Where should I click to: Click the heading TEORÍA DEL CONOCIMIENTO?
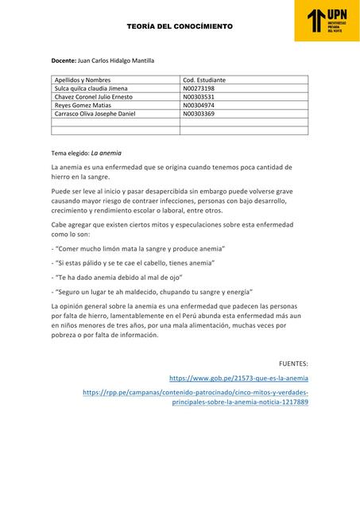coord(180,27)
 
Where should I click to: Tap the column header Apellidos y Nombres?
coord(82,80)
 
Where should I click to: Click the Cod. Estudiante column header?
coord(204,80)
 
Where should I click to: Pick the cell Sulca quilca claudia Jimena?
coord(91,88)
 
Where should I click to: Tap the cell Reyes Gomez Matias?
coord(79,105)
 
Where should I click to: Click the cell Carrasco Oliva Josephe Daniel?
coord(95,114)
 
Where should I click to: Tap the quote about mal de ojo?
coord(118,277)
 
